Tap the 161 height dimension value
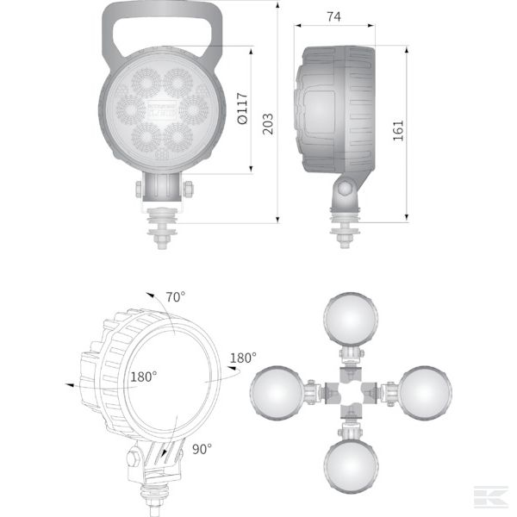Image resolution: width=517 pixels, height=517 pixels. (397, 130)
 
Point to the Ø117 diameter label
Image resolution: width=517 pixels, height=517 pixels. (241, 109)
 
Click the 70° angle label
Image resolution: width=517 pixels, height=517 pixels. (176, 297)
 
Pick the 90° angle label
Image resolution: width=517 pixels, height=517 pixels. (202, 448)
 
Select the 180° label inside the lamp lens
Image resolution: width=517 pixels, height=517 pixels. (143, 377)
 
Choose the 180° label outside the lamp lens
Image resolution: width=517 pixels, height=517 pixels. (244, 358)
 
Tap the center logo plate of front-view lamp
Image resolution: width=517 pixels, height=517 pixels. (161, 109)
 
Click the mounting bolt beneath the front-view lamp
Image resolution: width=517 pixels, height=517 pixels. (161, 228)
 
